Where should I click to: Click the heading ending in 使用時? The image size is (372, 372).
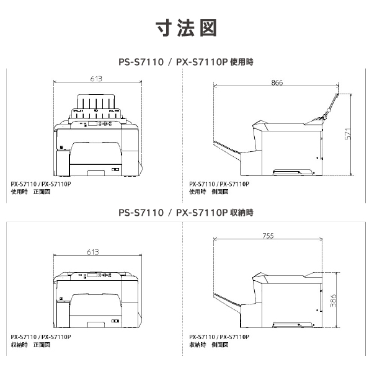pyautogui.click(x=186, y=62)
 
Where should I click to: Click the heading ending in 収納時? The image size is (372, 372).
pyautogui.click(x=186, y=213)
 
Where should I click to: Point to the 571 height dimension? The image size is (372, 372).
pyautogui.click(x=348, y=133)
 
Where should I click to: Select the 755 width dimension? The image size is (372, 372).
pyautogui.click(x=268, y=236)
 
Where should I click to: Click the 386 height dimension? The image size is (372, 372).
pyautogui.click(x=333, y=301)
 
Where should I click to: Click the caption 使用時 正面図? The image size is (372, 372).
pyautogui.click(x=30, y=192)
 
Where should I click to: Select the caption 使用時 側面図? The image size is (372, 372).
pyautogui.click(x=211, y=192)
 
